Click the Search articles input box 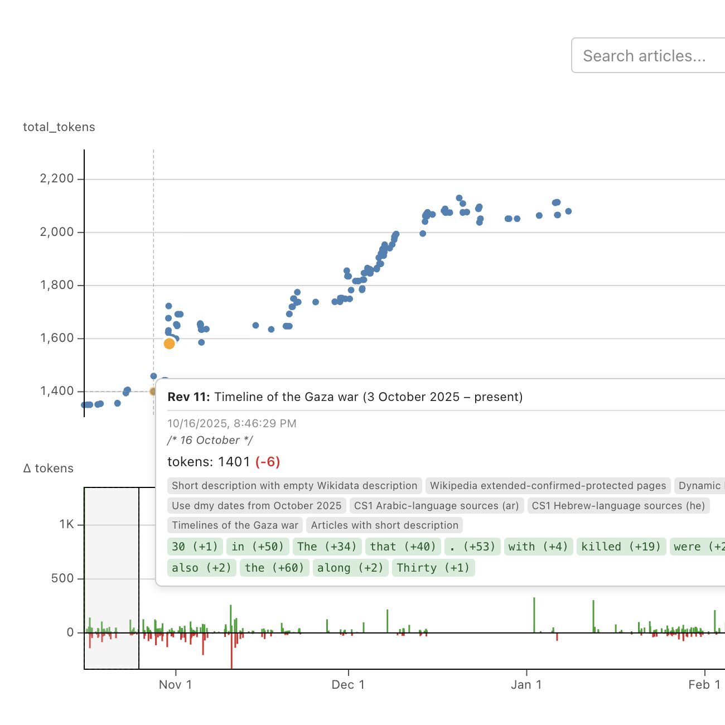tap(647, 56)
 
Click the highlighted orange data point tap(169, 344)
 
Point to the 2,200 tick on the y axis tap(57, 179)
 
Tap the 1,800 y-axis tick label tap(57, 286)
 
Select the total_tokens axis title tap(59, 127)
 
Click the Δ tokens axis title tap(49, 468)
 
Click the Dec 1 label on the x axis tap(348, 685)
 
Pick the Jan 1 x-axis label tap(526, 685)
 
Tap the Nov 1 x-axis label tap(175, 685)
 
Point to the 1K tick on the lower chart tap(67, 525)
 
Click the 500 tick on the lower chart tap(62, 578)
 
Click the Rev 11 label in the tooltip tap(188, 397)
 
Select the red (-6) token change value tap(268, 462)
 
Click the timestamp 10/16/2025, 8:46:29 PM tap(232, 423)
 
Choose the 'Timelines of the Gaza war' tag tap(235, 525)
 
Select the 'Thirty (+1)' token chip tap(433, 568)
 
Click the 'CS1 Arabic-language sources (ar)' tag tap(437, 506)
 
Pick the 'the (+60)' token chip tap(274, 568)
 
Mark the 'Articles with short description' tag tap(384, 525)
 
